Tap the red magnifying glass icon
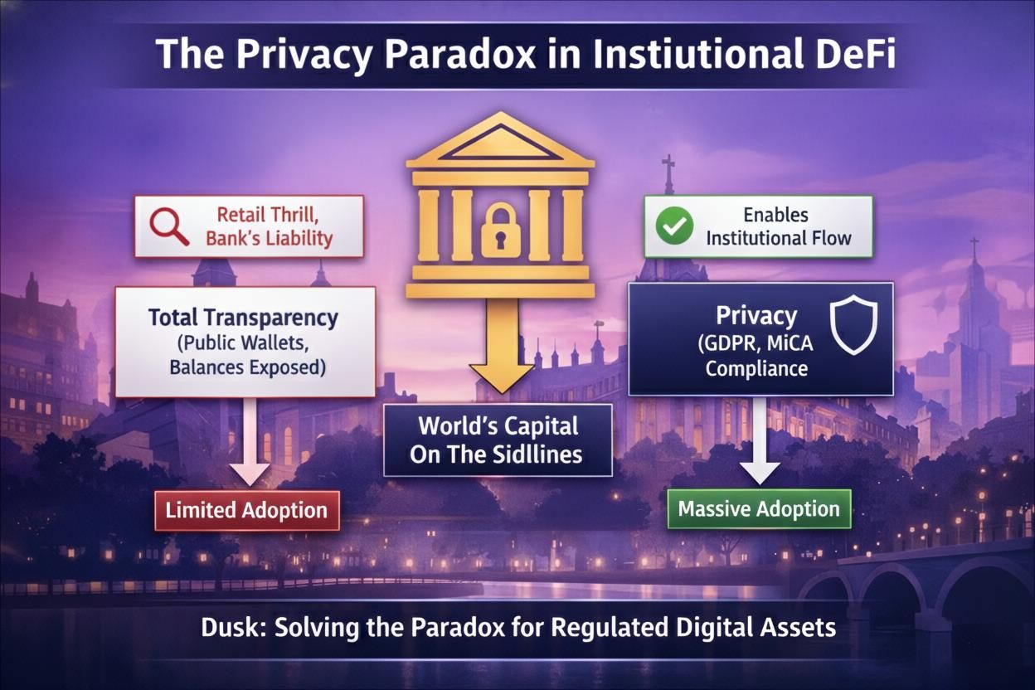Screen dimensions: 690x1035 pos(168,225)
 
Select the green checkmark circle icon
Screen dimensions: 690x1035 pos(674,226)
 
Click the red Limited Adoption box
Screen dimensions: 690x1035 pos(246,510)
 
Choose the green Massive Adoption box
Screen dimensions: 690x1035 pos(759,508)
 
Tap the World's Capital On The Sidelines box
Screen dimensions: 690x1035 pos(498,440)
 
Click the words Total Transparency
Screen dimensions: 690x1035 pos(244,317)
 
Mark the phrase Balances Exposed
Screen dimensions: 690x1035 pos(247,366)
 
